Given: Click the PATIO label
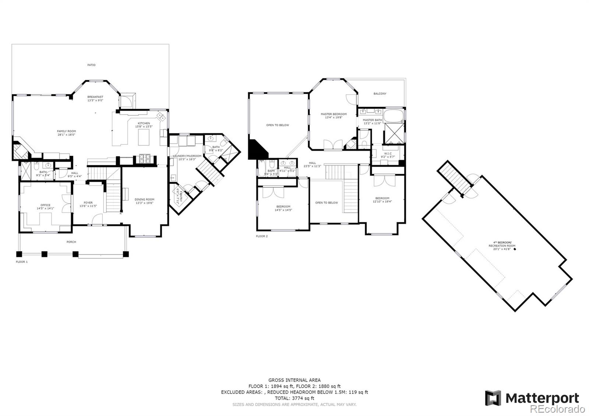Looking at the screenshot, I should [91, 65].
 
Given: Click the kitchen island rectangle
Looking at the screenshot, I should [144, 137].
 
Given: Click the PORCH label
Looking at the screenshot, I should [71, 242].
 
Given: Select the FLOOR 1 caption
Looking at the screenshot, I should [21, 262].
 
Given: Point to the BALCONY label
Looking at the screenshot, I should [380, 94].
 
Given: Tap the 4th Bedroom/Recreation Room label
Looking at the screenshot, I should [502, 246].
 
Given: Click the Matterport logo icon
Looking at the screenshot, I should [493, 398].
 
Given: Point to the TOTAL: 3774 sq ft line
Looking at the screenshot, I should [294, 398].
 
